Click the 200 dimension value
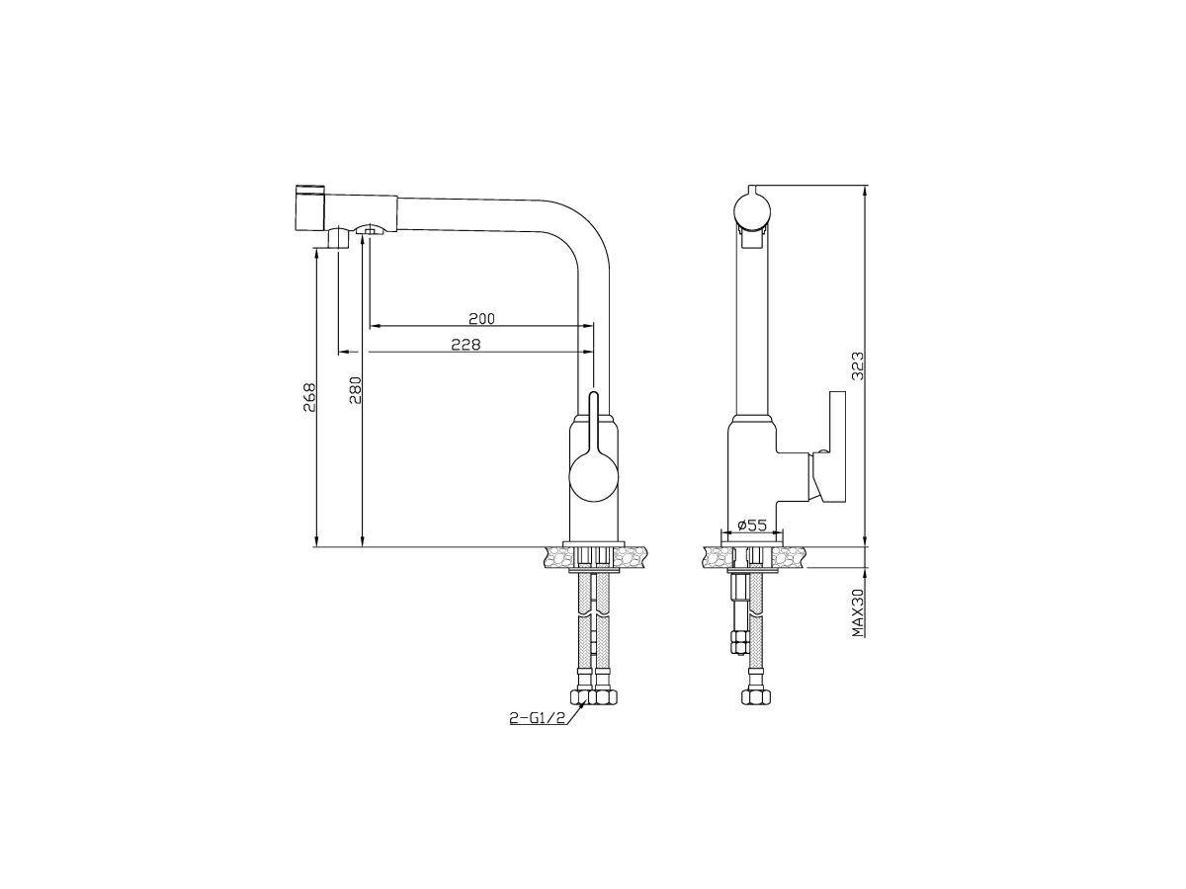pos(481,318)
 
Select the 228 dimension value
pos(466,345)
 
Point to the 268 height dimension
pos(309,398)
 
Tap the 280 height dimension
pos(355,390)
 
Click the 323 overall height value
pos(858,366)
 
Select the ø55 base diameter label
pos(751,525)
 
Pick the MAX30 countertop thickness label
pos(858,612)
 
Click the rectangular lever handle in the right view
pos(837,445)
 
